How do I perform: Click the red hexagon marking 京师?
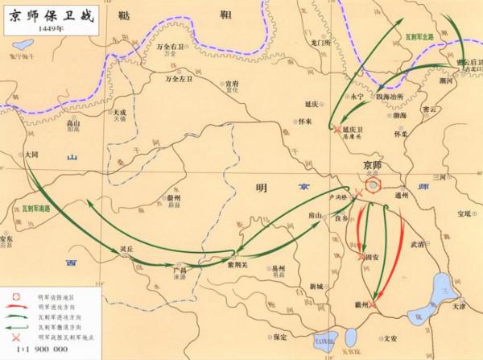(373, 186)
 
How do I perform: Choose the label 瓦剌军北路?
(419, 38)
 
